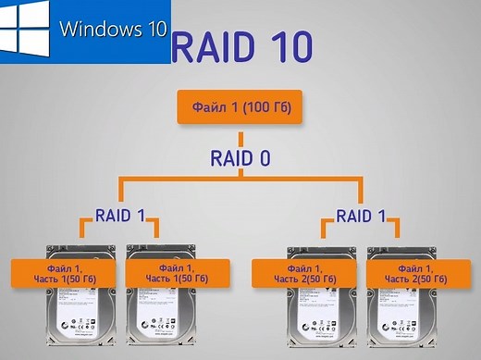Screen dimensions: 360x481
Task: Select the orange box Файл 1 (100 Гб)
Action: pyautogui.click(x=240, y=108)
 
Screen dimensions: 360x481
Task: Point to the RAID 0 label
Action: pyautogui.click(x=239, y=158)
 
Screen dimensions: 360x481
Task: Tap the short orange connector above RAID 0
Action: pyautogui.click(x=240, y=135)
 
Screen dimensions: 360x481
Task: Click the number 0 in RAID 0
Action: pyautogui.click(x=264, y=158)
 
